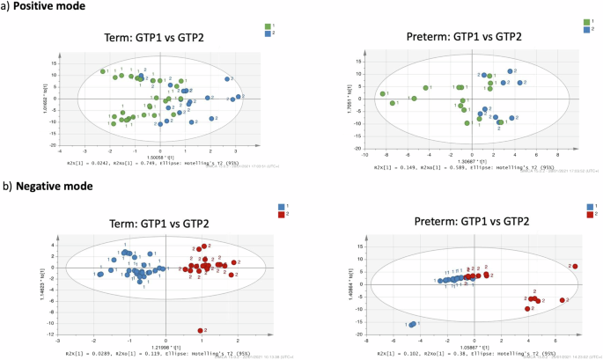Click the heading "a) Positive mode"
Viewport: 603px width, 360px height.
point(40,7)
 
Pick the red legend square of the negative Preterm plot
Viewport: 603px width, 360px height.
point(589,213)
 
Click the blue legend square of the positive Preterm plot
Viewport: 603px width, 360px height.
point(587,29)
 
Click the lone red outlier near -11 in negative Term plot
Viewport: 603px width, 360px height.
point(202,330)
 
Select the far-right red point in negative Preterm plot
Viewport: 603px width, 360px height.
point(574,266)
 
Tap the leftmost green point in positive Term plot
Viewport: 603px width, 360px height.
point(103,71)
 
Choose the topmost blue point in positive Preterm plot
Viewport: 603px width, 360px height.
point(510,71)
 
